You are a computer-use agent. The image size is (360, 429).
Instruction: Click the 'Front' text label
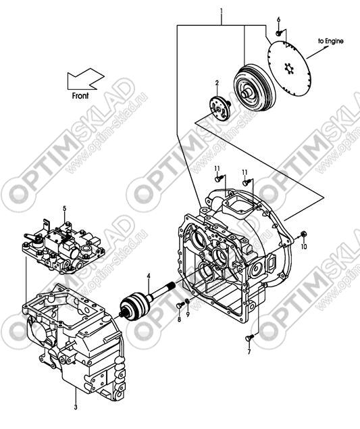[80, 96]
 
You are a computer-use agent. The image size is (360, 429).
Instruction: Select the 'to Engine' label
[330, 41]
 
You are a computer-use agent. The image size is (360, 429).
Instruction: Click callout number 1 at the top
[222, 11]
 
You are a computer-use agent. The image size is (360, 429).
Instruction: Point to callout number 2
[217, 82]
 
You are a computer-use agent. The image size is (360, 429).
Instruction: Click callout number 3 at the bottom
[76, 407]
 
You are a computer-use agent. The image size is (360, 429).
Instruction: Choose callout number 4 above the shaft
[149, 276]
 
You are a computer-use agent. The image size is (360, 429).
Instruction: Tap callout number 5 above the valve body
[65, 209]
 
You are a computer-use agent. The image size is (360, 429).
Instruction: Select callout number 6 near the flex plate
[278, 20]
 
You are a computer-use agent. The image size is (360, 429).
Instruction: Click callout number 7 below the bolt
[249, 352]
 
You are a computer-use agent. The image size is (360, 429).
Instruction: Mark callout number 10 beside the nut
[304, 247]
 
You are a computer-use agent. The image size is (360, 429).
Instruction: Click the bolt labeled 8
[180, 305]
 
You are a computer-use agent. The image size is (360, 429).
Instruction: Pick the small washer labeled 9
[187, 301]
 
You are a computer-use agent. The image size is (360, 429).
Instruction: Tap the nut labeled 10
[303, 234]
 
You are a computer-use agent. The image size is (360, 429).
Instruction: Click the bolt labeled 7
[249, 338]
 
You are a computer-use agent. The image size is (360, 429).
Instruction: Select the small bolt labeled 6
[278, 33]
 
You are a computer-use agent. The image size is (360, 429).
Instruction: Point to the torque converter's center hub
[246, 93]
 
